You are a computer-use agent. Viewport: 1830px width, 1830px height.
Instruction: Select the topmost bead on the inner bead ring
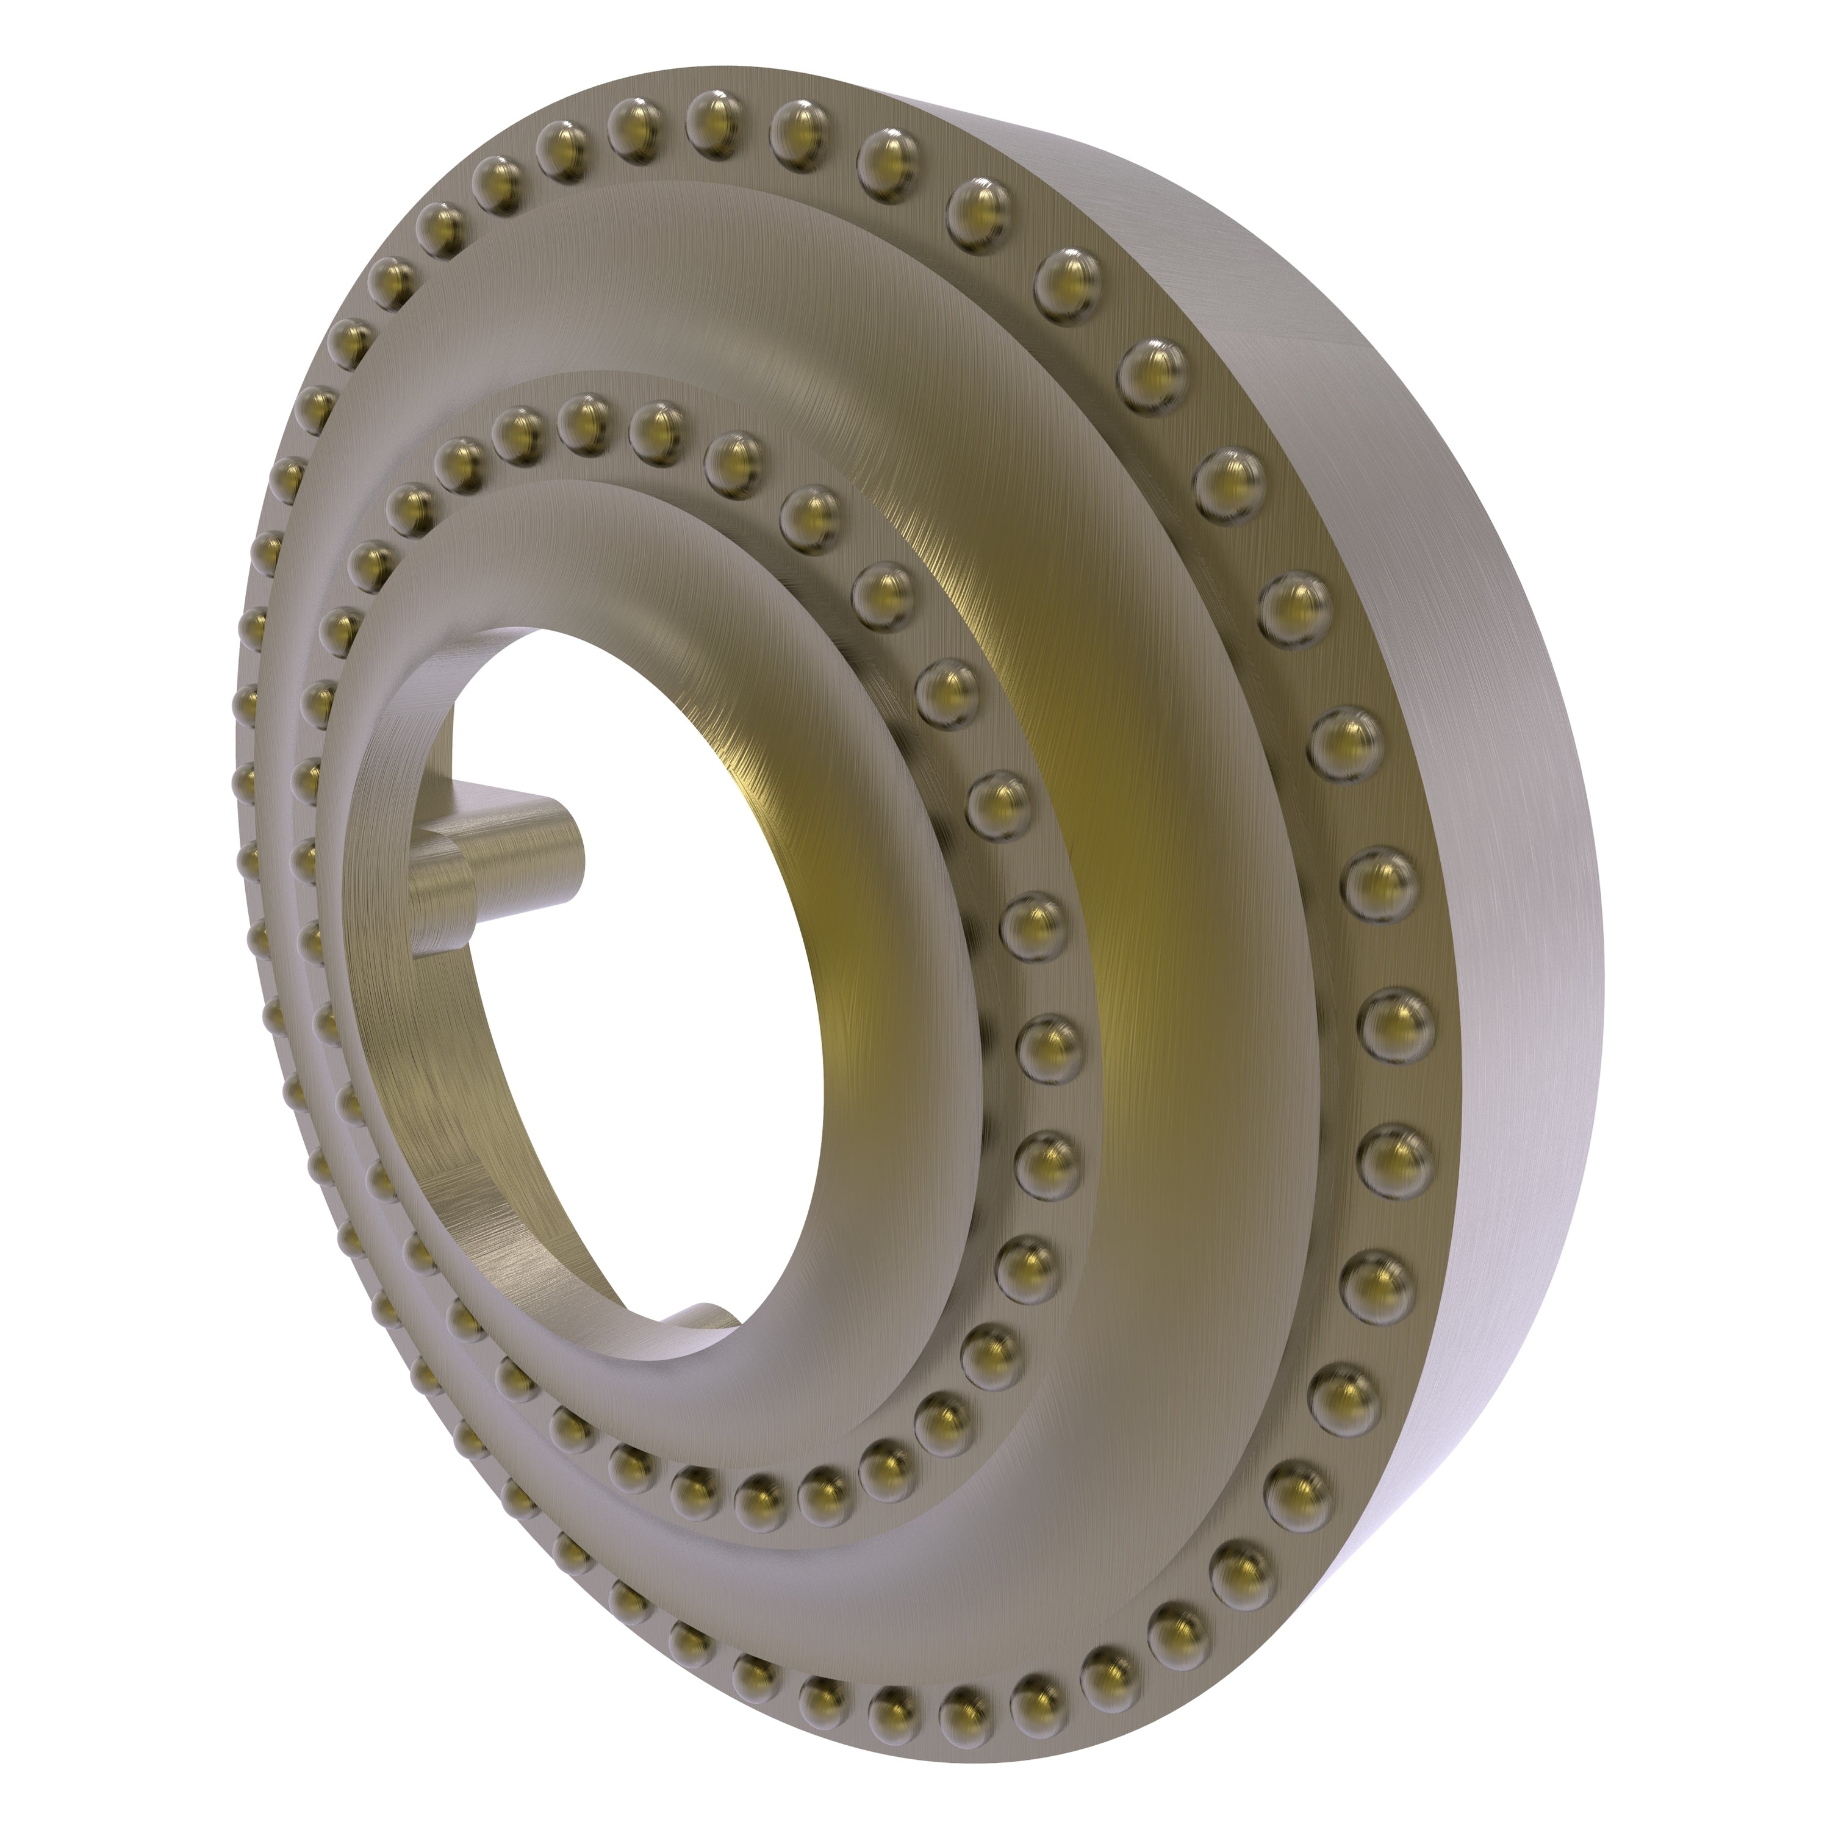[586, 417]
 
